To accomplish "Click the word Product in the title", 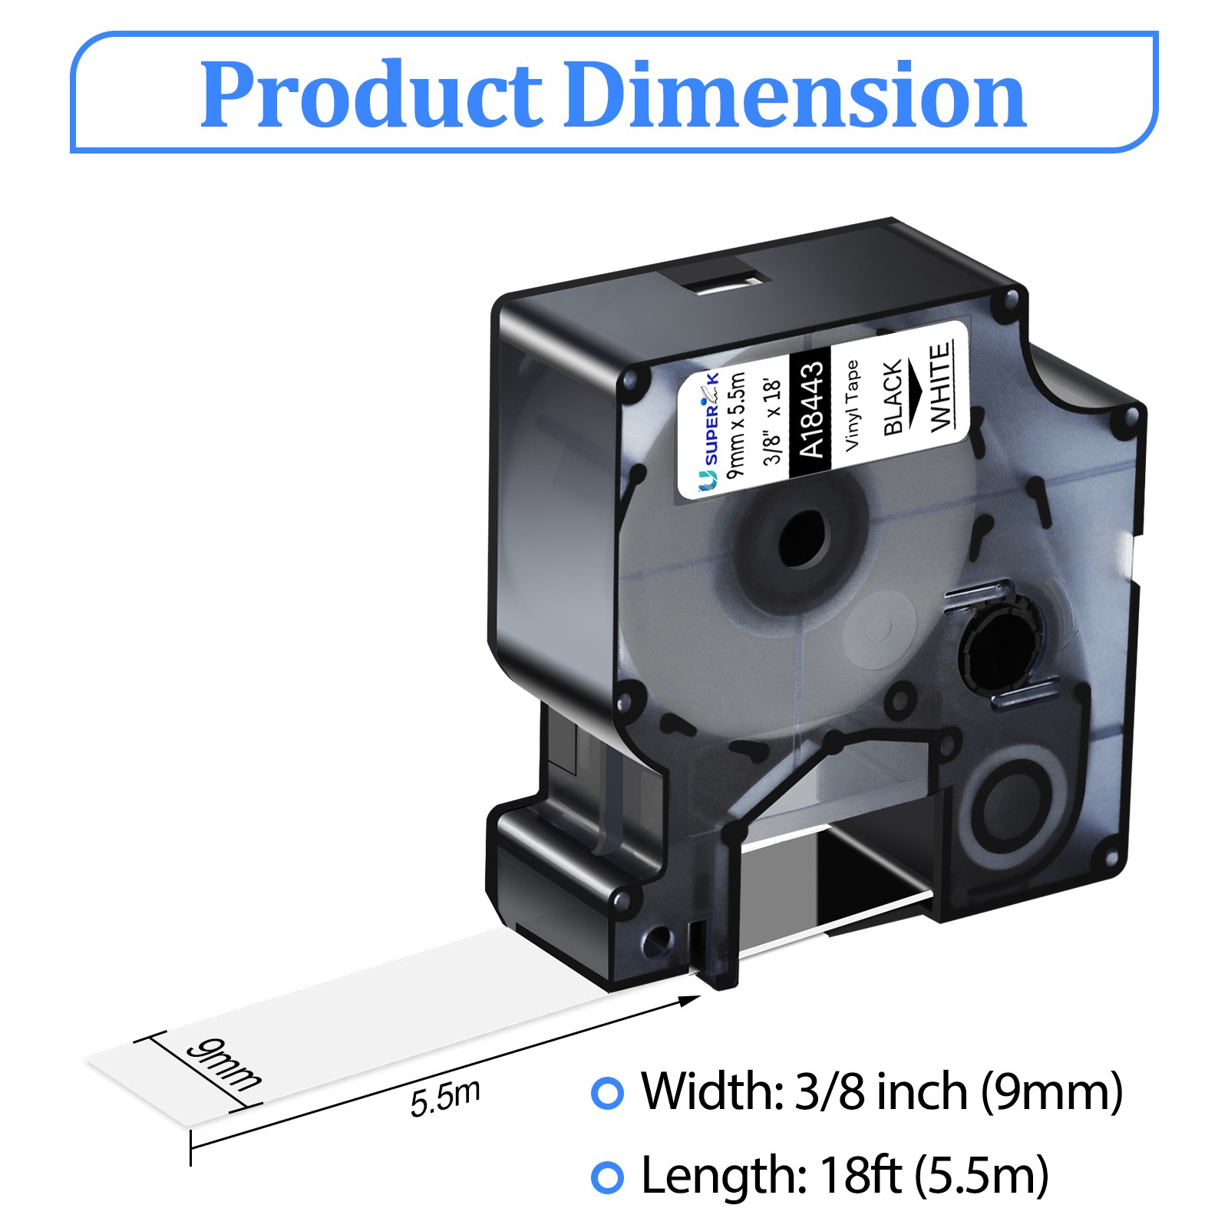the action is (x=371, y=94).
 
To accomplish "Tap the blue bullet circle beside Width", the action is (x=607, y=1092).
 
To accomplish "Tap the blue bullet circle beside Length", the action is (x=607, y=1177).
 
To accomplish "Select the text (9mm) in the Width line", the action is (x=1051, y=1091).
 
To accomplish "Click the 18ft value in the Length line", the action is (x=860, y=1174).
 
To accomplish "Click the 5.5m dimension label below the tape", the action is (x=445, y=1098).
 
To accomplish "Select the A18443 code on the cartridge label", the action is (x=812, y=409).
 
